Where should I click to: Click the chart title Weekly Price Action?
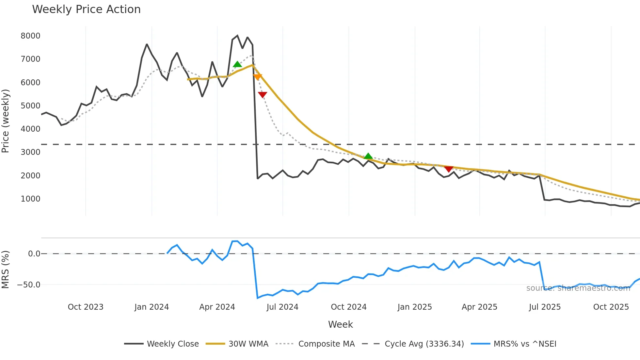coord(86,9)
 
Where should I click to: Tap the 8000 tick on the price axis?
coord(30,36)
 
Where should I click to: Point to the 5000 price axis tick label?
coord(30,106)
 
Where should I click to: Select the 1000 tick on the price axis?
coord(30,199)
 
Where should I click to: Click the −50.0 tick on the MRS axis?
coord(29,285)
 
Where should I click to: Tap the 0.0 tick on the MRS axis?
coord(34,254)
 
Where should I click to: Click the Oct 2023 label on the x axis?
coord(86,307)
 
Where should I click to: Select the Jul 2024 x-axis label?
coord(282,307)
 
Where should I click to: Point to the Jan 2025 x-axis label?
coord(415,307)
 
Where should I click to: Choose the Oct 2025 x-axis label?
coord(611,307)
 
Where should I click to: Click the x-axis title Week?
coord(340,324)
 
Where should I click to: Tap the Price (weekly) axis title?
coord(6,121)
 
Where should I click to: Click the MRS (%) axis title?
coord(6,270)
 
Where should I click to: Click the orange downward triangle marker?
coord(257,77)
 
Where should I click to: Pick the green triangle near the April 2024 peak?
coord(237,64)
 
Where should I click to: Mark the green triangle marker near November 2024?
coord(368,156)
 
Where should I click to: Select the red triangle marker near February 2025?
coord(449,169)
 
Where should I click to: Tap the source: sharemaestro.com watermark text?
coord(578,288)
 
